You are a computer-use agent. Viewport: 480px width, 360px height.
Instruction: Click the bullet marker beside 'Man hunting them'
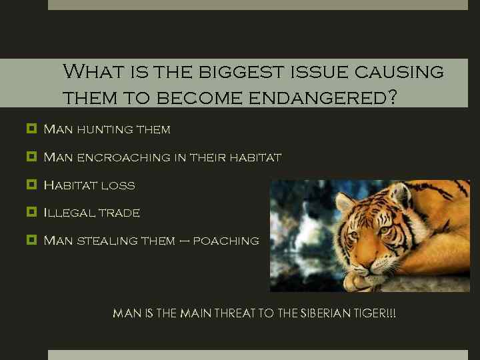[x=31, y=129]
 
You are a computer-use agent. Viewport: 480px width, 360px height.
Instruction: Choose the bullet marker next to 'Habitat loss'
[x=31, y=185]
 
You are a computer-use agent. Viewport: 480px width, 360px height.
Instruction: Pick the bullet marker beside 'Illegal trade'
[x=31, y=213]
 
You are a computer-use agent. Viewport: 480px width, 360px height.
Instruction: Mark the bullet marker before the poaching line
[x=31, y=240]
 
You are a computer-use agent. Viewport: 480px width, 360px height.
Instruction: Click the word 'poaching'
[x=226, y=241]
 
